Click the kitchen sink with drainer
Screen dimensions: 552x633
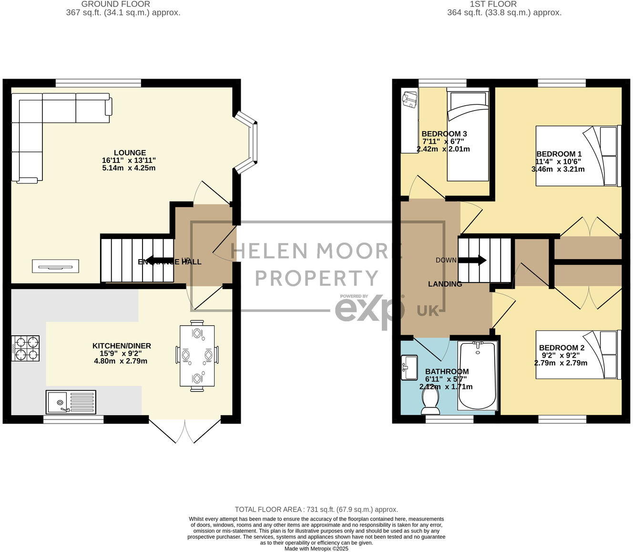pos(71,402)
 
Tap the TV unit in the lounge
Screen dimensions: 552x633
pos(55,266)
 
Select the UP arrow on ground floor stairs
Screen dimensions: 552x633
pos(157,260)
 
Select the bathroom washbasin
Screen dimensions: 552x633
pos(409,368)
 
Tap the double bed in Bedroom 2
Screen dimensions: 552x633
pos(578,355)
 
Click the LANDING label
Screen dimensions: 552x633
pos(445,284)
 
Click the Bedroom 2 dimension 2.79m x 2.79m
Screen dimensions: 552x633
pos(561,363)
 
